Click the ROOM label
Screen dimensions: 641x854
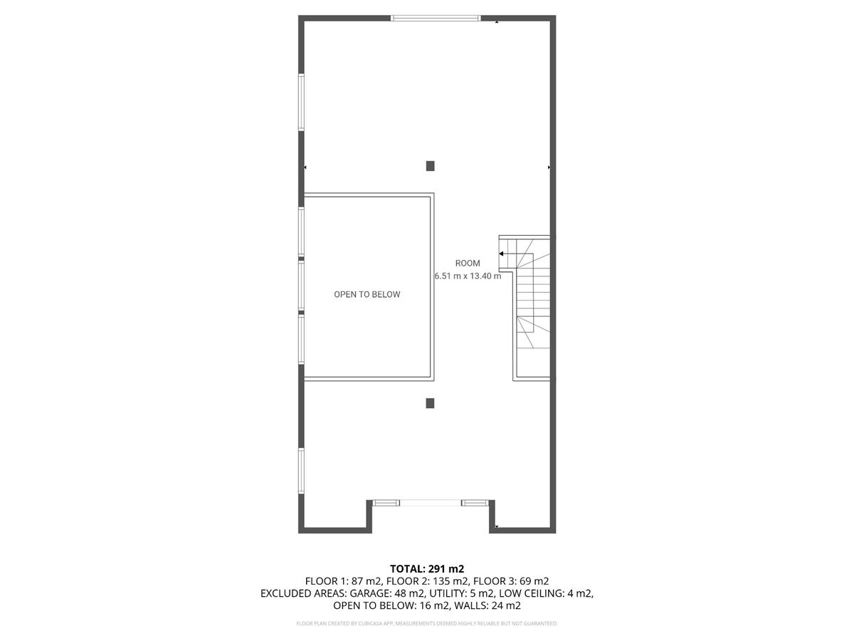point(468,264)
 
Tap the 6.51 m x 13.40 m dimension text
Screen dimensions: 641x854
point(468,276)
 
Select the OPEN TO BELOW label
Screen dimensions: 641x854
point(367,294)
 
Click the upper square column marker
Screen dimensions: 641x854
point(430,166)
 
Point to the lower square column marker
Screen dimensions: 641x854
point(430,403)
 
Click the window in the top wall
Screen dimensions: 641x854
point(436,18)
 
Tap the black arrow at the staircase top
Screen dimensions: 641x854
point(502,254)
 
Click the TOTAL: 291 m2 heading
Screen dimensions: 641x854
point(427,568)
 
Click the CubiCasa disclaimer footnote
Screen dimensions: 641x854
point(427,624)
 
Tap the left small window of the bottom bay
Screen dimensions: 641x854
point(385,503)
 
